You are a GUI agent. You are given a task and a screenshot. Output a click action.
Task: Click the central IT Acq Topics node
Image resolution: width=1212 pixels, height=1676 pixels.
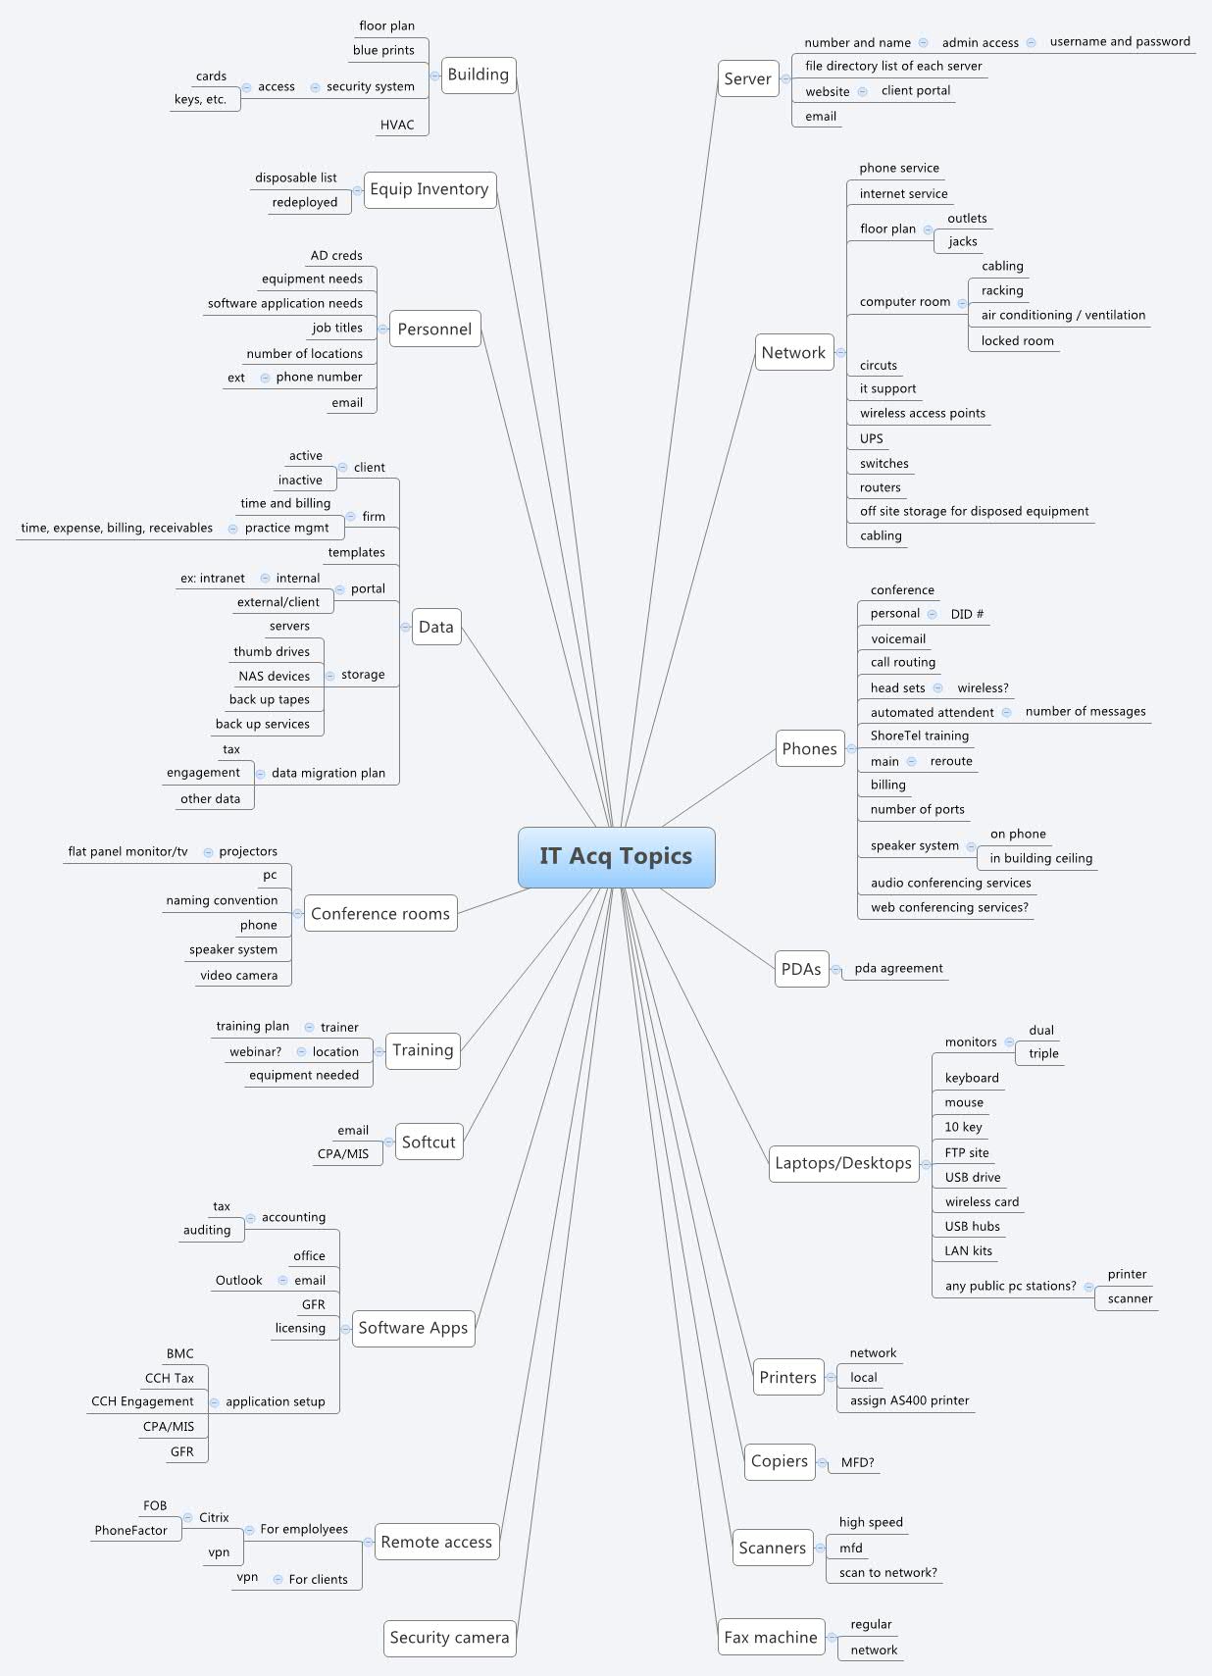[x=616, y=856]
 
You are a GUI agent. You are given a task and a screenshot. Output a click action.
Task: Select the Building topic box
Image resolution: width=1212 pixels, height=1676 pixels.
[x=478, y=75]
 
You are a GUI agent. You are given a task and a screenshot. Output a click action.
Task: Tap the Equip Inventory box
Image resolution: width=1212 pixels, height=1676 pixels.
[x=429, y=189]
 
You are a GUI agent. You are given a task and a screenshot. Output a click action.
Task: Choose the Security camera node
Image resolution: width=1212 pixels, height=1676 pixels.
[x=449, y=1637]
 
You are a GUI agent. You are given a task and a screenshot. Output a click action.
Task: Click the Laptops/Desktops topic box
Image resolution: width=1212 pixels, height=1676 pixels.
[x=843, y=1163]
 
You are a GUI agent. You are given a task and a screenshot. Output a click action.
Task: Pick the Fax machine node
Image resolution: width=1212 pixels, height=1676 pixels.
[x=770, y=1637]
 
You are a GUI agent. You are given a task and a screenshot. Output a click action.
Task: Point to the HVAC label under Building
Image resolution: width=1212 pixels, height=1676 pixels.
[x=397, y=125]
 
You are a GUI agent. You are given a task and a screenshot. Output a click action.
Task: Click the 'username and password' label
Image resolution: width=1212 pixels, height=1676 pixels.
[x=1120, y=41]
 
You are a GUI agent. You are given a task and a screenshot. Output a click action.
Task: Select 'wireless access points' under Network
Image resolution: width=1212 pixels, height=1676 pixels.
[x=922, y=413]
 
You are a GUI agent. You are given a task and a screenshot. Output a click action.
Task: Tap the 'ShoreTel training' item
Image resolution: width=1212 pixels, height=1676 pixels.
[x=919, y=736]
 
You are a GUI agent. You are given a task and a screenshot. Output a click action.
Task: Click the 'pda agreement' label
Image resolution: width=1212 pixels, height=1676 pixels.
[x=898, y=968]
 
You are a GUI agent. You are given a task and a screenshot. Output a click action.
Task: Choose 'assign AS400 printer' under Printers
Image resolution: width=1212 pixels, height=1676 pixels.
[x=909, y=1400]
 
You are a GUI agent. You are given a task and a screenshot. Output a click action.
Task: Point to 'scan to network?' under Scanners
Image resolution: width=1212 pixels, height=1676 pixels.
[x=887, y=1572]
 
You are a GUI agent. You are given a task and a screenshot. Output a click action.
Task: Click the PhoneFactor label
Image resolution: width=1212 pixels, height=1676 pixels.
[x=130, y=1530]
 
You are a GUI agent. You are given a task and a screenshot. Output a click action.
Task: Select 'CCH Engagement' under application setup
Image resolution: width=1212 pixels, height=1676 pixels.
[x=142, y=1401]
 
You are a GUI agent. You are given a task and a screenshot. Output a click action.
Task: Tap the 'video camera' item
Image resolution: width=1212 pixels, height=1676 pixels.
[x=238, y=975]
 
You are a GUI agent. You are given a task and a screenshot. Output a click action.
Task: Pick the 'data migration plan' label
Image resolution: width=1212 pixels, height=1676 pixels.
[x=328, y=773]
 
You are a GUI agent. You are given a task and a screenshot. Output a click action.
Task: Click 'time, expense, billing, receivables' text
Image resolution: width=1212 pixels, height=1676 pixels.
[x=117, y=528]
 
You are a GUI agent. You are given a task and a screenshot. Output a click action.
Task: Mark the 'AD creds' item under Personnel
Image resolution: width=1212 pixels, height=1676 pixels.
[x=336, y=255]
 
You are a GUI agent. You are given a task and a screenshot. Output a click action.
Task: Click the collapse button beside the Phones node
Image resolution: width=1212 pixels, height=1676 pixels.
[x=851, y=748]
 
